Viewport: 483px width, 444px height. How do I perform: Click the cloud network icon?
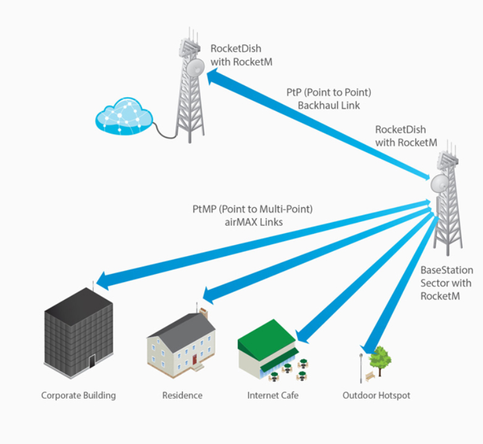click(x=124, y=116)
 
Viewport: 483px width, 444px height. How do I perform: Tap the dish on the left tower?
click(x=196, y=67)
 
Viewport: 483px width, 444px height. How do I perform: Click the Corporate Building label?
click(x=78, y=395)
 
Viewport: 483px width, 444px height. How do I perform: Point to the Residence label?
click(x=182, y=395)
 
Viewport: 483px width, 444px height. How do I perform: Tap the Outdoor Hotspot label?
click(x=376, y=395)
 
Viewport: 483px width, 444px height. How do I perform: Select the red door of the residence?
click(x=194, y=358)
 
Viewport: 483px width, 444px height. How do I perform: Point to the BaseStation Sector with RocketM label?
click(x=447, y=283)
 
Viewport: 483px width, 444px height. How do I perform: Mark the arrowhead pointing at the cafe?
click(x=302, y=336)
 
